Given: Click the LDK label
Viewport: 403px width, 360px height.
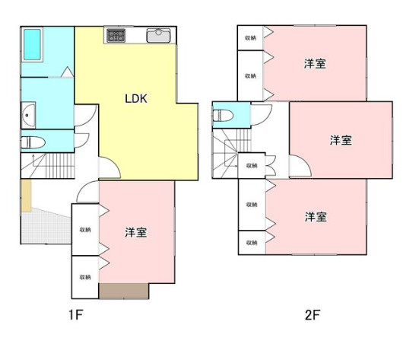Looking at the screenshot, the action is (x=136, y=99).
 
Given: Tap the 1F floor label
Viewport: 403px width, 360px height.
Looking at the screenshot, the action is (x=76, y=314).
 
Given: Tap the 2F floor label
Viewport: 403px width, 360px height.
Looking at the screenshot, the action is (x=313, y=314).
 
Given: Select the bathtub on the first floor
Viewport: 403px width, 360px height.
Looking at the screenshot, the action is (x=33, y=44).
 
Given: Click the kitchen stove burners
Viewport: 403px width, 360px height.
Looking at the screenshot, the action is (x=116, y=35).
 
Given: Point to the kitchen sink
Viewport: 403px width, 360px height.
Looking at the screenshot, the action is (x=158, y=36).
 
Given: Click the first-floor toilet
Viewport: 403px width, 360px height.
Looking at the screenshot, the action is (x=33, y=142).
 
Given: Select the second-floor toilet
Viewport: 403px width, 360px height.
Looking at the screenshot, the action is (x=224, y=115).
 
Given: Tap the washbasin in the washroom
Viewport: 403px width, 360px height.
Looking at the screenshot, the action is (x=28, y=115).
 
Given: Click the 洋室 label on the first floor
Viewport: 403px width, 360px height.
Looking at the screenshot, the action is (x=136, y=232).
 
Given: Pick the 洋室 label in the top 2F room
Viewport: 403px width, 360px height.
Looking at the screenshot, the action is (x=315, y=64).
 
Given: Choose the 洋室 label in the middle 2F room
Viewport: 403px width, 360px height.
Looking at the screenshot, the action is (x=341, y=140).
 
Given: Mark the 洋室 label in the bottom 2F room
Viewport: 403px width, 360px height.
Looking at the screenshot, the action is (x=316, y=217).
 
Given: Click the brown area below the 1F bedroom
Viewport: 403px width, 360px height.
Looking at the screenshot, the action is (x=124, y=291).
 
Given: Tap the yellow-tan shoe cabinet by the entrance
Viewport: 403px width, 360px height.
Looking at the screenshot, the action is (x=26, y=196).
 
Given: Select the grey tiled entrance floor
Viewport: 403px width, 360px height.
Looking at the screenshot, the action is (x=46, y=227).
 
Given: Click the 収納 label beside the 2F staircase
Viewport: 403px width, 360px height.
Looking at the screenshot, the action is (x=252, y=165).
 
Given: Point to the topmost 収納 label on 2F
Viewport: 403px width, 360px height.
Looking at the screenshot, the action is (x=251, y=38).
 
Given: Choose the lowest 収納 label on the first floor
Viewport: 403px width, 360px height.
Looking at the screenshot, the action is (x=85, y=277).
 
